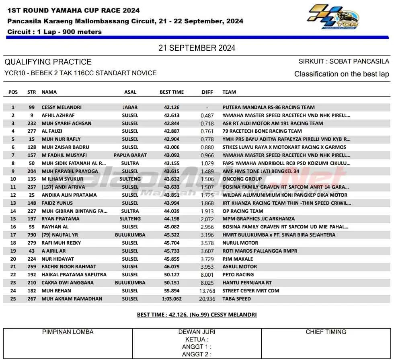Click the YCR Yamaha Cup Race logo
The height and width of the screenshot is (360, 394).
click(x=333, y=17)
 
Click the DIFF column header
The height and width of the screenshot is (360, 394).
click(x=207, y=92)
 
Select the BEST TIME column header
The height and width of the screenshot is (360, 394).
click(x=172, y=92)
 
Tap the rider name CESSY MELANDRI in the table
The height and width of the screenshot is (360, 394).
click(x=62, y=107)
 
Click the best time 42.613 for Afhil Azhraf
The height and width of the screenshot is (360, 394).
click(x=172, y=115)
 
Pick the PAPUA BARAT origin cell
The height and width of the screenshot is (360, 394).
click(x=130, y=155)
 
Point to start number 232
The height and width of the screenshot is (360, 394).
click(x=31, y=123)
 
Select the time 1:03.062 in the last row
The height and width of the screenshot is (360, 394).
click(x=172, y=299)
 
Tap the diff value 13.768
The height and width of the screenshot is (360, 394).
click(x=207, y=291)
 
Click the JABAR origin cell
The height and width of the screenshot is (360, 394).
click(x=130, y=107)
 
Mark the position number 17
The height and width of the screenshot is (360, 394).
click(x=13, y=235)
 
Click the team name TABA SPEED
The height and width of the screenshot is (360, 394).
click(x=237, y=299)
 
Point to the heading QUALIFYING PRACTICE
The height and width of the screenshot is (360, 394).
click(x=48, y=62)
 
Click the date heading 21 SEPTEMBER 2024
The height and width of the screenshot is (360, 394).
click(x=197, y=48)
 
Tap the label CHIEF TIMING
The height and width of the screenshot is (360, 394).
click(x=326, y=332)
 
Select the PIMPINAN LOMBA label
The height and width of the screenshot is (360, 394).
click(x=68, y=332)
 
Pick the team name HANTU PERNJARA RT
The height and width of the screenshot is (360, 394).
click(x=247, y=283)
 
